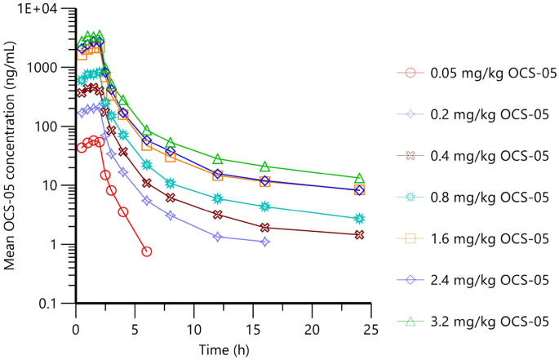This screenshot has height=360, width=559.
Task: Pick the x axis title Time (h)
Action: tap(222, 349)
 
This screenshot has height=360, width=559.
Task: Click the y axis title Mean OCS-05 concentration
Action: tap(11, 155)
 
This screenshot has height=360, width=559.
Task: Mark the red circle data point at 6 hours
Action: tap(147, 251)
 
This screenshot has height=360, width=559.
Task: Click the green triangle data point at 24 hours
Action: tap(359, 178)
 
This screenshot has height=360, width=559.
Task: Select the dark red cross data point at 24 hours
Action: tap(359, 234)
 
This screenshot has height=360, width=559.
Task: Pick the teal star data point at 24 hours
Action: tap(359, 219)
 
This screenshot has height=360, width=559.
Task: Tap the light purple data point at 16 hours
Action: tap(264, 242)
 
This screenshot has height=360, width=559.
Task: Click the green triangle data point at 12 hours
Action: tap(218, 159)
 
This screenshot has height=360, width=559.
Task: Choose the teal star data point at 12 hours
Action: tap(218, 198)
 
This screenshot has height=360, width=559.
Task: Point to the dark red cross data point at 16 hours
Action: tap(264, 228)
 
